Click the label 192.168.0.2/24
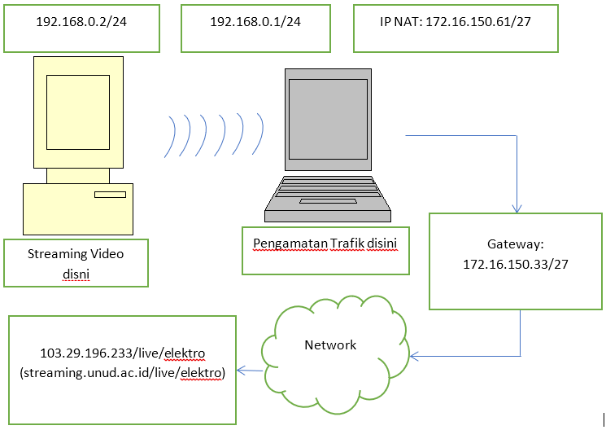tap(81, 22)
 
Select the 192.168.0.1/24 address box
tap(255, 22)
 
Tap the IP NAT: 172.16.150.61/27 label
tap(456, 22)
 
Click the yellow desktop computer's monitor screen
tap(77, 112)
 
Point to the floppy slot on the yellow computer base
tap(110, 195)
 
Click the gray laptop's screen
tap(329, 118)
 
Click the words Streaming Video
tap(76, 254)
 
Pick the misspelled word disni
tap(76, 274)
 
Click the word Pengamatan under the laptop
tap(289, 243)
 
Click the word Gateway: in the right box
tap(515, 244)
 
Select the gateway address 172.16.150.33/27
tap(515, 264)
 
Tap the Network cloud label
tap(330, 345)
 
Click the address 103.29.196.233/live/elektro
tap(122, 353)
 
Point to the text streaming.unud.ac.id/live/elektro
tap(122, 371)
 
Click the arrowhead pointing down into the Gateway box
tap(517, 208)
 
